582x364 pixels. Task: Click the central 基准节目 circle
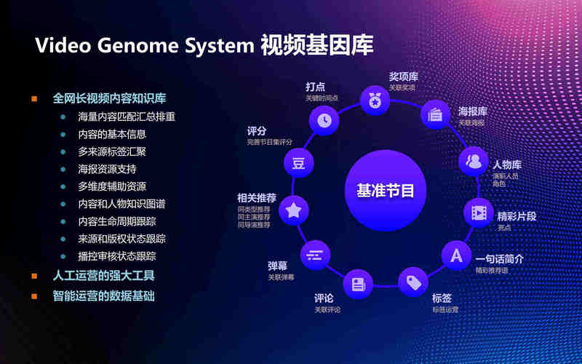[x=385, y=191]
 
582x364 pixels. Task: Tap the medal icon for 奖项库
[x=375, y=100]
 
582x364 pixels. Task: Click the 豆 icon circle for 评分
[x=298, y=163]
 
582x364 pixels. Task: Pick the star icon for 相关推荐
[x=293, y=210]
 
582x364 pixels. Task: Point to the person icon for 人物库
[x=474, y=161]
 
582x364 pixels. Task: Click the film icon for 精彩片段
[x=478, y=213]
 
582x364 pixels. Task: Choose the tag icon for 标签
[x=413, y=281]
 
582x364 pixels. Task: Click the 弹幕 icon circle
[x=315, y=254]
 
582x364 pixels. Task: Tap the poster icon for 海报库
[x=436, y=114]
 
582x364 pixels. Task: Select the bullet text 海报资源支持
[x=107, y=169]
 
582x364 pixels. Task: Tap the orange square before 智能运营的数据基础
[x=34, y=296]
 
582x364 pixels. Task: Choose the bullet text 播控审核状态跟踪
[x=117, y=256]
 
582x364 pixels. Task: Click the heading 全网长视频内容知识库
[x=109, y=98]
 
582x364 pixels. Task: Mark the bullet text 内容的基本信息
[x=112, y=134]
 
